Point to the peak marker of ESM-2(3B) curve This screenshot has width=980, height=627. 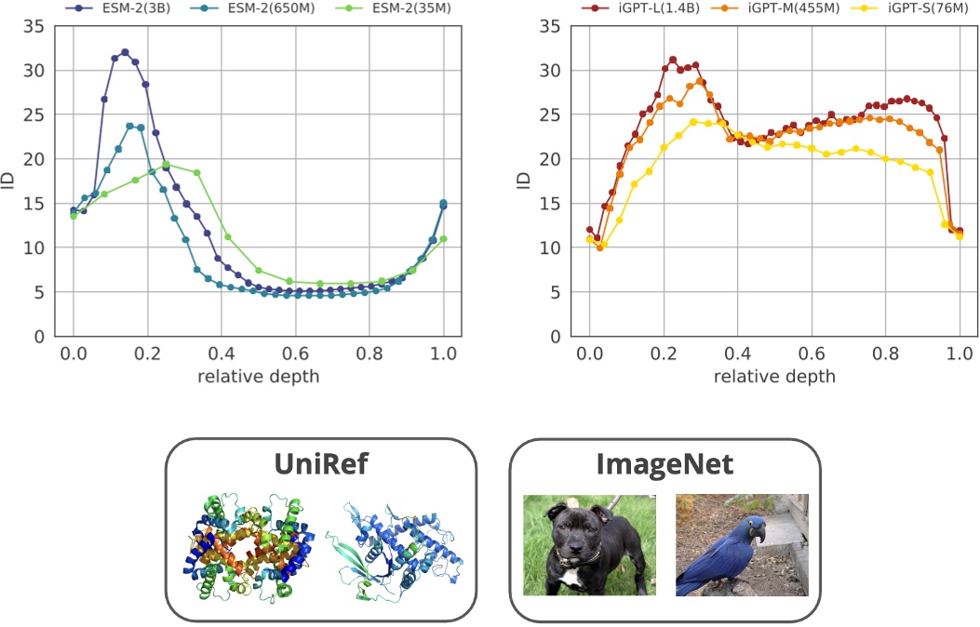pos(125,52)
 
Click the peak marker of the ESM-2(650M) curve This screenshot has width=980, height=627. pos(129,126)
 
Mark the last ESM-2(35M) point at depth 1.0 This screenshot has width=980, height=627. pos(443,239)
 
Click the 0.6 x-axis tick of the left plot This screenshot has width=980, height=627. pos(295,354)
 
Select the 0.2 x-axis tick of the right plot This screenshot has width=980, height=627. pos(663,354)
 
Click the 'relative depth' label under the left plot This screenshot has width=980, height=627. pos(258,376)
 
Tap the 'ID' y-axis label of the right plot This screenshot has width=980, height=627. pos(524,180)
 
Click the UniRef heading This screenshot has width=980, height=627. pos(321,464)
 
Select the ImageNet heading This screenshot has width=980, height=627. pos(665,464)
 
